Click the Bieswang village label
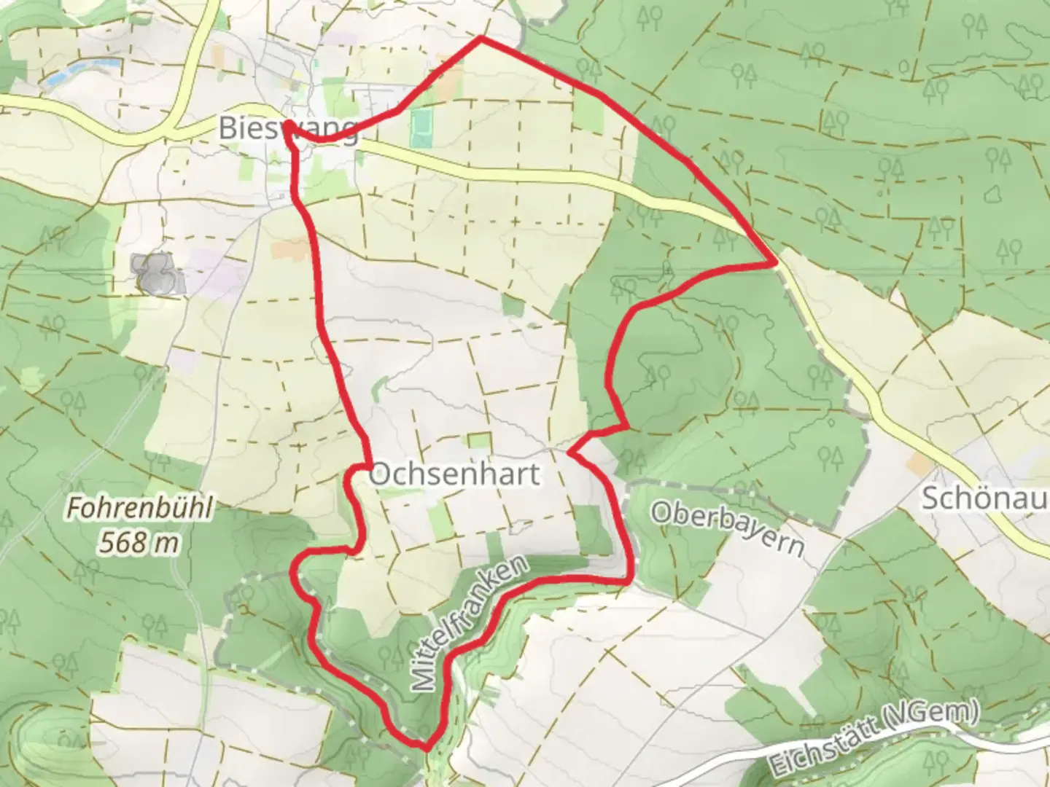[289, 130]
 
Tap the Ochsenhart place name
[455, 474]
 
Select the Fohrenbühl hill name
[140, 509]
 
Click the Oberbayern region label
[727, 527]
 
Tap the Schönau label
[985, 498]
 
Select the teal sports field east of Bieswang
[421, 127]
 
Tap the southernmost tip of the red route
[424, 746]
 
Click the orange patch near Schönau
[919, 464]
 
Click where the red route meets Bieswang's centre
[289, 125]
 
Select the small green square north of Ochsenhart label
[479, 440]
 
